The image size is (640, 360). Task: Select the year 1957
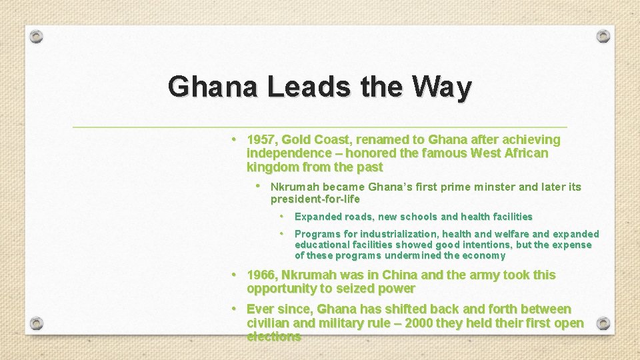(261, 140)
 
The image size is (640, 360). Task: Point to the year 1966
(261, 275)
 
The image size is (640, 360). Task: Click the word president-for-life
(315, 199)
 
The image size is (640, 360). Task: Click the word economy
(484, 255)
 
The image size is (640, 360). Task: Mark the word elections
(273, 337)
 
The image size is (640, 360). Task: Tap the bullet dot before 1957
(234, 139)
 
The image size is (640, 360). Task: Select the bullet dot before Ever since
(234, 309)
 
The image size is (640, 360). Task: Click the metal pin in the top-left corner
(37, 36)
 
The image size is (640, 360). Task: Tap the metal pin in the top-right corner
(603, 36)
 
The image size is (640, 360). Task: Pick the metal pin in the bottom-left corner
(37, 323)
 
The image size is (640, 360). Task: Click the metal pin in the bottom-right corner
(603, 323)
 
